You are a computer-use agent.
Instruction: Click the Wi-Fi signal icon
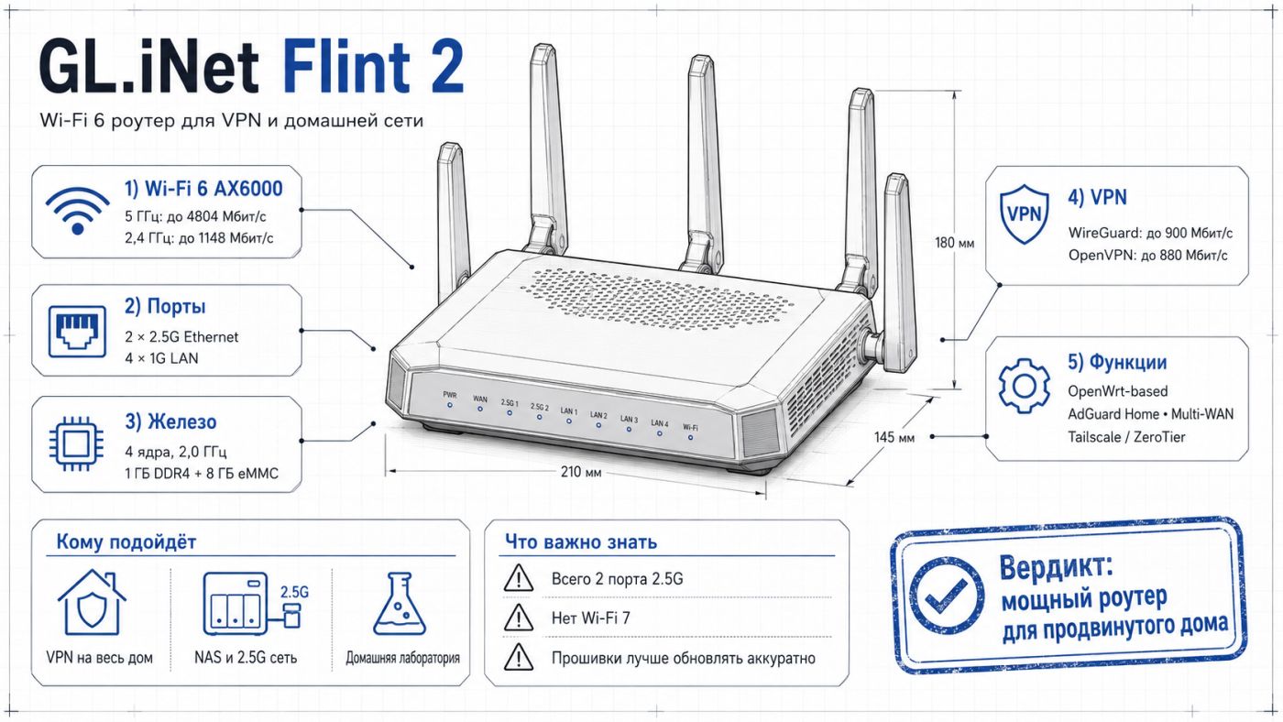tap(78, 211)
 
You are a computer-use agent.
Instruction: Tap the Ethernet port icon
tap(77, 332)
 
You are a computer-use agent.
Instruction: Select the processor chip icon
tap(77, 443)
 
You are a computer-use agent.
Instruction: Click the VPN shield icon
tap(1025, 214)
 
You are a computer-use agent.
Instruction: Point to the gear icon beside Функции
tap(1025, 387)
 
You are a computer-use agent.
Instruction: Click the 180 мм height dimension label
tap(954, 243)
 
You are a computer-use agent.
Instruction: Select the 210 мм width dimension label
tap(581, 472)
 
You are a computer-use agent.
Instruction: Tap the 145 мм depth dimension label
tap(894, 437)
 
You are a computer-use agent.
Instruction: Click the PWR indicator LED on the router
tap(450, 405)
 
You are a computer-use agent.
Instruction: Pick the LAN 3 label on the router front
tap(629, 419)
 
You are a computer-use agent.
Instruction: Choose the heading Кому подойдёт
tap(126, 541)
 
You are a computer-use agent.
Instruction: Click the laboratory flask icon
tap(400, 604)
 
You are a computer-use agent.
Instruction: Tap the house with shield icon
tap(92, 602)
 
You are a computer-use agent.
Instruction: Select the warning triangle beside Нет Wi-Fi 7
tap(519, 618)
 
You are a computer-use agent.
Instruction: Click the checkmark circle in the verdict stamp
tap(947, 596)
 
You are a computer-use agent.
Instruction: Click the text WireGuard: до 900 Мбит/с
tap(1150, 233)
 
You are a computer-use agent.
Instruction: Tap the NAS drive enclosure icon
tap(236, 603)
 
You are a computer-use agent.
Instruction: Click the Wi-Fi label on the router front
tap(690, 428)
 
